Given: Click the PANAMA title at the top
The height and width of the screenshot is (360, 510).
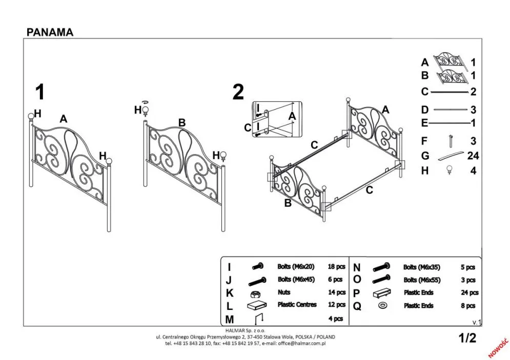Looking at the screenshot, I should coord(50,32).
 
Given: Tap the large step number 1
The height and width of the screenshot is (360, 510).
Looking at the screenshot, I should coord(39,93).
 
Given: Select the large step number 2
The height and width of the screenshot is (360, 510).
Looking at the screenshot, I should coord(238,93).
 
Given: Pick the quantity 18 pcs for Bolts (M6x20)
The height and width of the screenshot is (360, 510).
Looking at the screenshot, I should coord(336,267).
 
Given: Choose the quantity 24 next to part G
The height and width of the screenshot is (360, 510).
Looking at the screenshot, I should coord(473,156).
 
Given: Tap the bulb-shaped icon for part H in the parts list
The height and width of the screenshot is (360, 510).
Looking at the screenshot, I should coord(450,171).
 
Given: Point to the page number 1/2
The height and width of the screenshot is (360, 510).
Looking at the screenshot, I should coord(467,338).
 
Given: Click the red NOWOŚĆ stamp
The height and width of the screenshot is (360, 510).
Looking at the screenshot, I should coord(497,347).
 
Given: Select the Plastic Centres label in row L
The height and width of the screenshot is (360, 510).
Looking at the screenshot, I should coord(297,305).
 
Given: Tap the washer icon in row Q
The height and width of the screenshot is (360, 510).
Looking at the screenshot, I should coord(382,306).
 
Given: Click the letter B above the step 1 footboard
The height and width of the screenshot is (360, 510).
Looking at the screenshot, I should coord(181,122).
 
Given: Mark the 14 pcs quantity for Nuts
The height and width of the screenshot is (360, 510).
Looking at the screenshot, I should coord(336,292).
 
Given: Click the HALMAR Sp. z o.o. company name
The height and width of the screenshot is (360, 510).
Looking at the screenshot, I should coord(246,331).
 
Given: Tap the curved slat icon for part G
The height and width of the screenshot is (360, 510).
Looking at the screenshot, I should coord(450,156).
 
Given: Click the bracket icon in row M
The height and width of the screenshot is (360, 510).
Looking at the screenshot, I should coord(259,318).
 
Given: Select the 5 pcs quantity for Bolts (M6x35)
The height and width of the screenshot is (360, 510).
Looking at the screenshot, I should coord(467,267).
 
